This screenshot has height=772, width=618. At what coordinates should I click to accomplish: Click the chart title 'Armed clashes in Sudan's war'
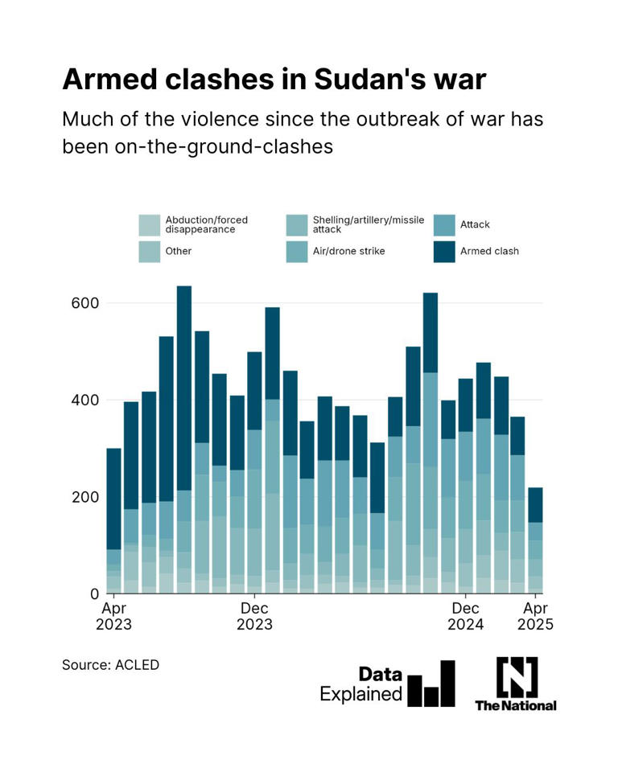(274, 79)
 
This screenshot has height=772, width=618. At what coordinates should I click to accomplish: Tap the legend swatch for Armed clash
(444, 251)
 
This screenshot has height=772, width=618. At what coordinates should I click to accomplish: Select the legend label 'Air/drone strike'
(348, 251)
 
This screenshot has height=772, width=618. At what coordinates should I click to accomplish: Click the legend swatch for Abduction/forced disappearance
(150, 224)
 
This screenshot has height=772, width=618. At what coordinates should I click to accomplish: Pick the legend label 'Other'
(179, 251)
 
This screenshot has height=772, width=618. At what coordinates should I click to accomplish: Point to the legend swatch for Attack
(444, 224)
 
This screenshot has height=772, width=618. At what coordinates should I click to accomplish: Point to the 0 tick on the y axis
(94, 593)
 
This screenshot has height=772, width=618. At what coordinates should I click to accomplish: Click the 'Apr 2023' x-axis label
(114, 615)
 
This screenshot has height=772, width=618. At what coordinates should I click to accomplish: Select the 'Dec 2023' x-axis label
(254, 615)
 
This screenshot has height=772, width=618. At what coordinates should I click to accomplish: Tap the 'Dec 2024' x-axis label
(465, 615)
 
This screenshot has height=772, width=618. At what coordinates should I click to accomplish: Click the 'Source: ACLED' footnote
(111, 665)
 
